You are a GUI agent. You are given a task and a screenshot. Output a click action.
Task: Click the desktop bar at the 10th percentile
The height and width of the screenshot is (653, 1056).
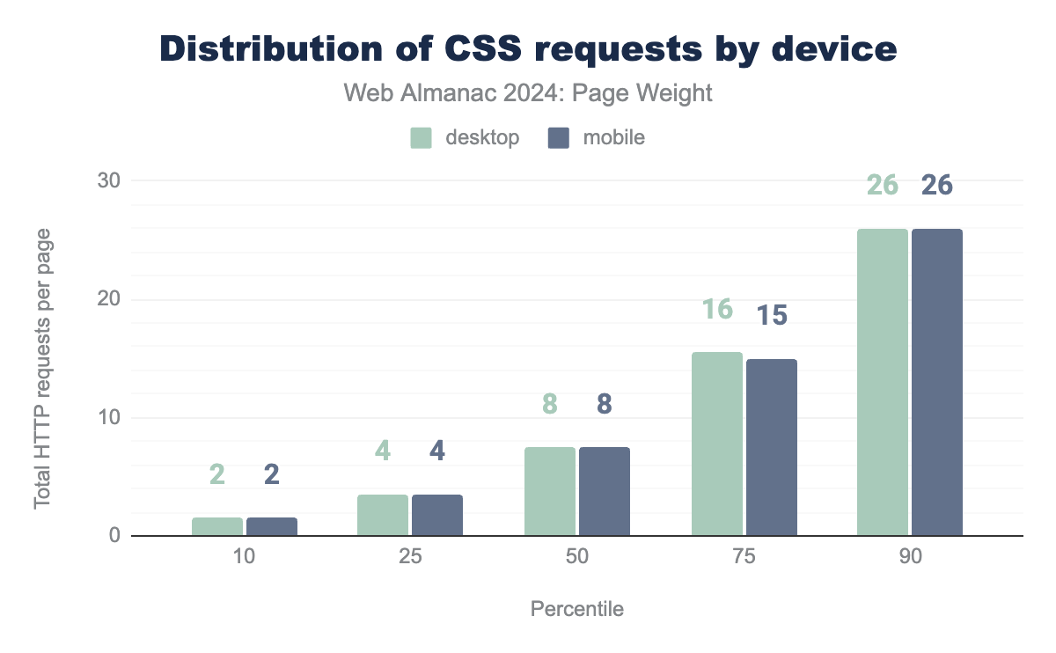coord(217,526)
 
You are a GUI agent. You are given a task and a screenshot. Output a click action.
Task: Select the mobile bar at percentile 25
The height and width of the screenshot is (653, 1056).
coord(437,515)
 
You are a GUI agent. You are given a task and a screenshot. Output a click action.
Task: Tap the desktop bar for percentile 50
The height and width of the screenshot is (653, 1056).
coord(550,491)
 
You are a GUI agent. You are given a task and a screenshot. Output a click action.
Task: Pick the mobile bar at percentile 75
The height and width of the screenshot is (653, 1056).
coord(772,447)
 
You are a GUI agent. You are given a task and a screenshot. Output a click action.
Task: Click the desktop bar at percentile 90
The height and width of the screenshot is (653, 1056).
coord(883,382)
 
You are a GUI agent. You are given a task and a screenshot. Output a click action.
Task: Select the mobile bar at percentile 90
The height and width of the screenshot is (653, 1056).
coord(937,382)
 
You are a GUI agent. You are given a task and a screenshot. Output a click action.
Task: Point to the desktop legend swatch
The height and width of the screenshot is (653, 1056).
coord(422,138)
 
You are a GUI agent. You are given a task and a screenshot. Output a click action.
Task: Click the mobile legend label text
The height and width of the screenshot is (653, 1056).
coord(613,138)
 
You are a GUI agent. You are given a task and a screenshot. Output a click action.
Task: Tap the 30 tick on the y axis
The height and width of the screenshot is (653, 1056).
coord(107,180)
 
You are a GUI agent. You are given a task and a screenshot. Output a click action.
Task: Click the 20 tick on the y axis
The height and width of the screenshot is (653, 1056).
coord(107,299)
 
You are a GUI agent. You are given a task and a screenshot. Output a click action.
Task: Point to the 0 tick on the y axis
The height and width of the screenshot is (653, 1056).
coord(113,536)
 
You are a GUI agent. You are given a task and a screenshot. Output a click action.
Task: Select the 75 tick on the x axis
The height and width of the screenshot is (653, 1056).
coord(744,559)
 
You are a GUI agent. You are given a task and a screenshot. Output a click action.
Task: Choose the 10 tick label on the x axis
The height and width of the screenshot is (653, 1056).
coord(245,559)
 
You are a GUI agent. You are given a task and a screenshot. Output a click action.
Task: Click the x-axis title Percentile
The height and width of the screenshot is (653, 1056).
coord(577,609)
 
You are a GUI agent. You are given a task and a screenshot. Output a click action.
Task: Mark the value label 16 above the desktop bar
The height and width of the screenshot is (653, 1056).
coord(717,310)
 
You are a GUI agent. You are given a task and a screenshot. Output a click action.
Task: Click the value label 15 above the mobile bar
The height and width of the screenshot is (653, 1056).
coord(772,316)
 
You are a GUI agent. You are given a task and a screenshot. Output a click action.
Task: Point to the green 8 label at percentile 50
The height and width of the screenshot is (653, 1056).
coord(550,404)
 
